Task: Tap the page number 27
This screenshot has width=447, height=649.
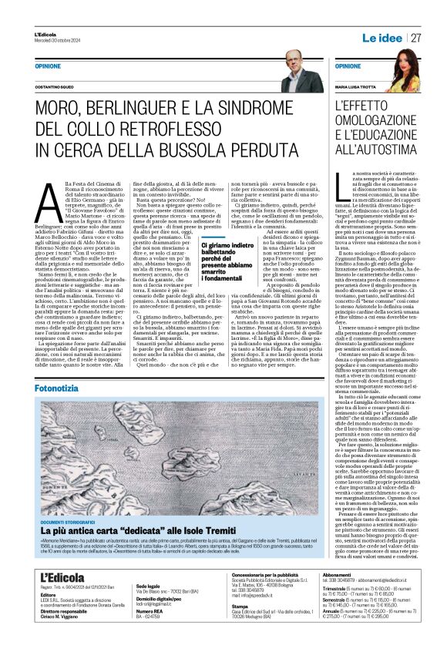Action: coord(415,38)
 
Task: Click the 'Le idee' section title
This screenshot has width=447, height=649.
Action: coord(383,38)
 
